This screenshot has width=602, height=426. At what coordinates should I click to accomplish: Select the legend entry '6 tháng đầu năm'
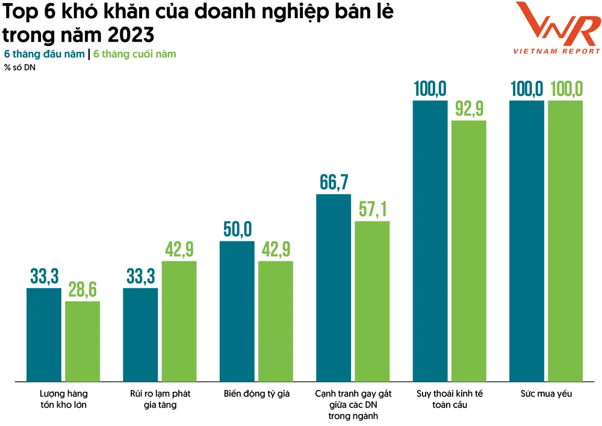tap(44, 54)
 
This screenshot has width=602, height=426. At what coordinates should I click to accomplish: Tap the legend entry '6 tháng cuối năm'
tap(135, 54)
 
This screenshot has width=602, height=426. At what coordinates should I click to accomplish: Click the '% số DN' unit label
tap(20, 67)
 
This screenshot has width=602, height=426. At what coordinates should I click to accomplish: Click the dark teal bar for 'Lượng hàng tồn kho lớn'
tap(44, 334)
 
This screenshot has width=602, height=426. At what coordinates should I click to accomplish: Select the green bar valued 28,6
tap(82, 341)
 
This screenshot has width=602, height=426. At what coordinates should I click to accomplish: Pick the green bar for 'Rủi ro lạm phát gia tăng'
tap(179, 321)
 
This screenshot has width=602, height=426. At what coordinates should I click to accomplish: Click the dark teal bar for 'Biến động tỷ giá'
tap(237, 310)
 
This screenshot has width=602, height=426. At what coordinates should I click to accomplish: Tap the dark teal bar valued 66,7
tap(334, 287)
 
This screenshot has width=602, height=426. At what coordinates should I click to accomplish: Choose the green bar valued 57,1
tap(372, 301)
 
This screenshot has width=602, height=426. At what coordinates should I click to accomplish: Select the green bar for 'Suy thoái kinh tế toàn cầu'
tap(468, 250)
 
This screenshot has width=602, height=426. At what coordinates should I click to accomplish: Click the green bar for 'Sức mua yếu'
tap(565, 241)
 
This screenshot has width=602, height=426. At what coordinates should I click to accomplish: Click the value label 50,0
tap(237, 230)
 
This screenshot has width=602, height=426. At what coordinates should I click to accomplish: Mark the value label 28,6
tap(82, 289)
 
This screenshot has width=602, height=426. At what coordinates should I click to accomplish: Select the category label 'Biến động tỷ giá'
tap(256, 394)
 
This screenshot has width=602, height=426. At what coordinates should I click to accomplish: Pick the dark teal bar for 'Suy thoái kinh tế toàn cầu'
tap(430, 241)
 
